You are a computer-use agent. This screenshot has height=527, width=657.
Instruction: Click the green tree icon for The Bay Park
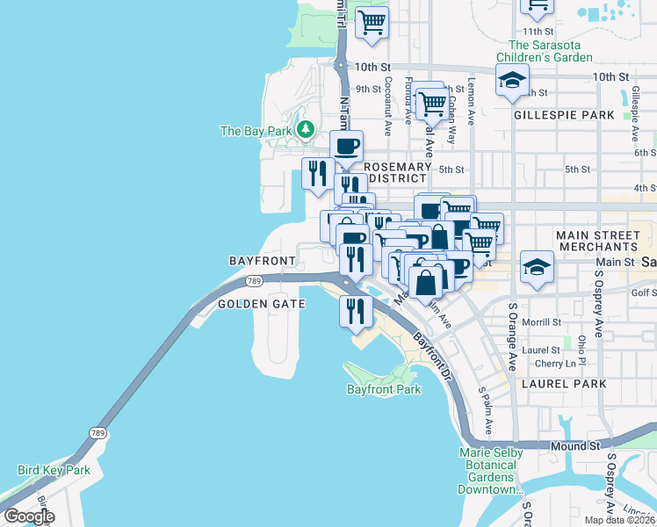point(306,131)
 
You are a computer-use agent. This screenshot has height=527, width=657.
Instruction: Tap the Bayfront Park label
point(384,388)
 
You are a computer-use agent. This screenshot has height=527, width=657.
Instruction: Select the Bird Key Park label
point(53,471)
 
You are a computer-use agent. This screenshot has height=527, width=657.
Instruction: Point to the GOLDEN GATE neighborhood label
point(261,304)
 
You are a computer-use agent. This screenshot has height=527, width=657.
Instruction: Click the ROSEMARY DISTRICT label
point(397,172)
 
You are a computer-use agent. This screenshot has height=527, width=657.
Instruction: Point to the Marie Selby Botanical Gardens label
point(491,471)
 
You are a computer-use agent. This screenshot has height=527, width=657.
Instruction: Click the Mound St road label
point(575,446)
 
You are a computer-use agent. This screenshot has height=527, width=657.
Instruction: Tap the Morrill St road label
point(541,322)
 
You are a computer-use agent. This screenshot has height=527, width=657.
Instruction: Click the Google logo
point(30,516)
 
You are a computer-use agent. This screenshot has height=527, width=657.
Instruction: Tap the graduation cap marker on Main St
point(536,267)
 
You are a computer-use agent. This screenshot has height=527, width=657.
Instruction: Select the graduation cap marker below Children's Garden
point(512,81)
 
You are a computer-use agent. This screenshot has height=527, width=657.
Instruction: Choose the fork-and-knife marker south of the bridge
point(357,311)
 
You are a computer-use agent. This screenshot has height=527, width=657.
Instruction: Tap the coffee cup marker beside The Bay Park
point(346,147)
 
